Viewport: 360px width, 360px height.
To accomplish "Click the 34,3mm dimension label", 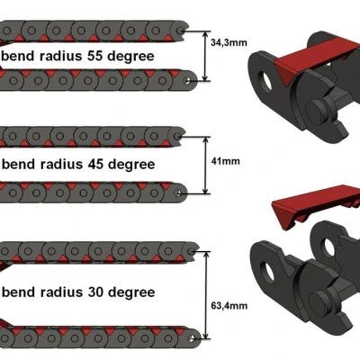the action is [229, 42].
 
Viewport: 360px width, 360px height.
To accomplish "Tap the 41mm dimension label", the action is [226, 161].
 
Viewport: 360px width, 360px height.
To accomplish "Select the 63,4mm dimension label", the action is [229, 306].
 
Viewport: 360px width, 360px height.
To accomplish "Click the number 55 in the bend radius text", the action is [94, 56].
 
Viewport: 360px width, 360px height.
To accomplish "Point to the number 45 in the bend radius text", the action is [95, 164].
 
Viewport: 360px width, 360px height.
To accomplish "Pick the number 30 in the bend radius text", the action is [95, 292].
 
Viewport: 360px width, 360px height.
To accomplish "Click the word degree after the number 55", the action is [131, 58].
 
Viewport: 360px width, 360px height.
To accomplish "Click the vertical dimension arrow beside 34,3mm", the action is [205, 56].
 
